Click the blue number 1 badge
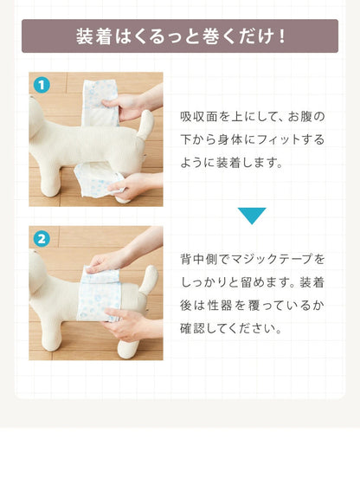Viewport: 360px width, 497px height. pos(42,85)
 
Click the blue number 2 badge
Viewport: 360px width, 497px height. pos(42,239)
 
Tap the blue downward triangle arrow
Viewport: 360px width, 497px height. pos(252,216)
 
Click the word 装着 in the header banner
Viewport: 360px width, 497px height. pos(93,36)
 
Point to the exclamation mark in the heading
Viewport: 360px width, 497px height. pos(281,36)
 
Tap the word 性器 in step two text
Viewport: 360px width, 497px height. pos(220,306)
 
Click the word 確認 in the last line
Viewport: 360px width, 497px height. pos(193,328)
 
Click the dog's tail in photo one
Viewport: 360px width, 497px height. pos(145,125)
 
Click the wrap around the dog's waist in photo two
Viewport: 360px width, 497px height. pos(99,294)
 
